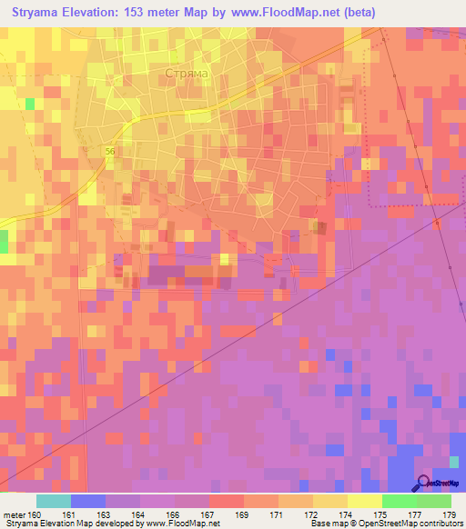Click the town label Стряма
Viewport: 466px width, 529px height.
[188, 73]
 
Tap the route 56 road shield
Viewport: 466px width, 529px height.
[109, 152]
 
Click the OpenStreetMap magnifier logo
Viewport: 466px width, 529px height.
[423, 485]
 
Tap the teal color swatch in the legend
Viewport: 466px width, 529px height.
[54, 501]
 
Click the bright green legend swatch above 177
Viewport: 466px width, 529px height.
[399, 501]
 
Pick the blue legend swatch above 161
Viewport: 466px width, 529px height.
[88, 501]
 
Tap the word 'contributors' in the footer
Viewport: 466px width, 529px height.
[438, 524]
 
